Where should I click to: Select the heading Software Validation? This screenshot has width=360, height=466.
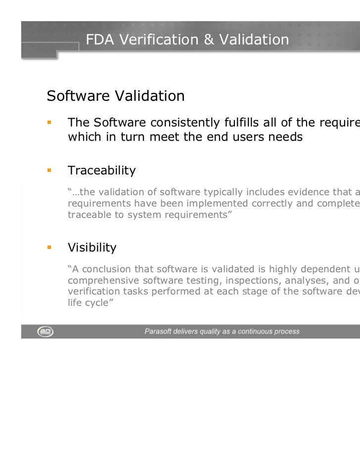pyautogui.click(x=116, y=96)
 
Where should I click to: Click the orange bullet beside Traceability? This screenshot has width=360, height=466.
pyautogui.click(x=49, y=171)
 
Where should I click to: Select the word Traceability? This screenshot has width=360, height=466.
pyautogui.click(x=101, y=171)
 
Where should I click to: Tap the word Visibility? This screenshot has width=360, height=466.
pyautogui.click(x=92, y=247)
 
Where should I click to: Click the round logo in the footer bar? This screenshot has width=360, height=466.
pyautogui.click(x=45, y=332)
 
